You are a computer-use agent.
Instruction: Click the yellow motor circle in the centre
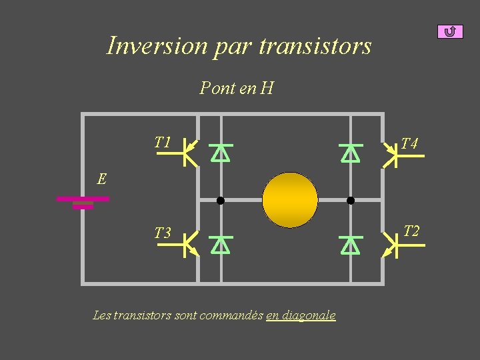(290, 200)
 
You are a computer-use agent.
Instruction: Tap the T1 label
(163, 142)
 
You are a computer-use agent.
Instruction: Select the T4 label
(409, 144)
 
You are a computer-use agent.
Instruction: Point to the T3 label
(163, 233)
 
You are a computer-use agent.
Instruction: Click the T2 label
(411, 231)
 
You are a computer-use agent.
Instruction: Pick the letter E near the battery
(101, 179)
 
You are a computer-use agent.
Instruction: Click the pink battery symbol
(83, 202)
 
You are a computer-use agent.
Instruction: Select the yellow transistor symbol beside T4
(394, 155)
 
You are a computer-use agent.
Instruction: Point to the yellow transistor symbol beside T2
(394, 245)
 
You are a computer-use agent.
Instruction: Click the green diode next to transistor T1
(220, 153)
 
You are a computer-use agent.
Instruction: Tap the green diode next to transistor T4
(350, 153)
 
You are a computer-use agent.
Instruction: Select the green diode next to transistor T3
(220, 245)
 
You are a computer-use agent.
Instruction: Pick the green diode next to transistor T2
(350, 245)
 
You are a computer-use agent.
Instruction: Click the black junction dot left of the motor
(220, 200)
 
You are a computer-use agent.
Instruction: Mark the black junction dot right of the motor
(351, 200)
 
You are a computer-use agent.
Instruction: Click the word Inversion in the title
(157, 46)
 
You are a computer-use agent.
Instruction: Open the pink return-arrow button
(450, 31)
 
